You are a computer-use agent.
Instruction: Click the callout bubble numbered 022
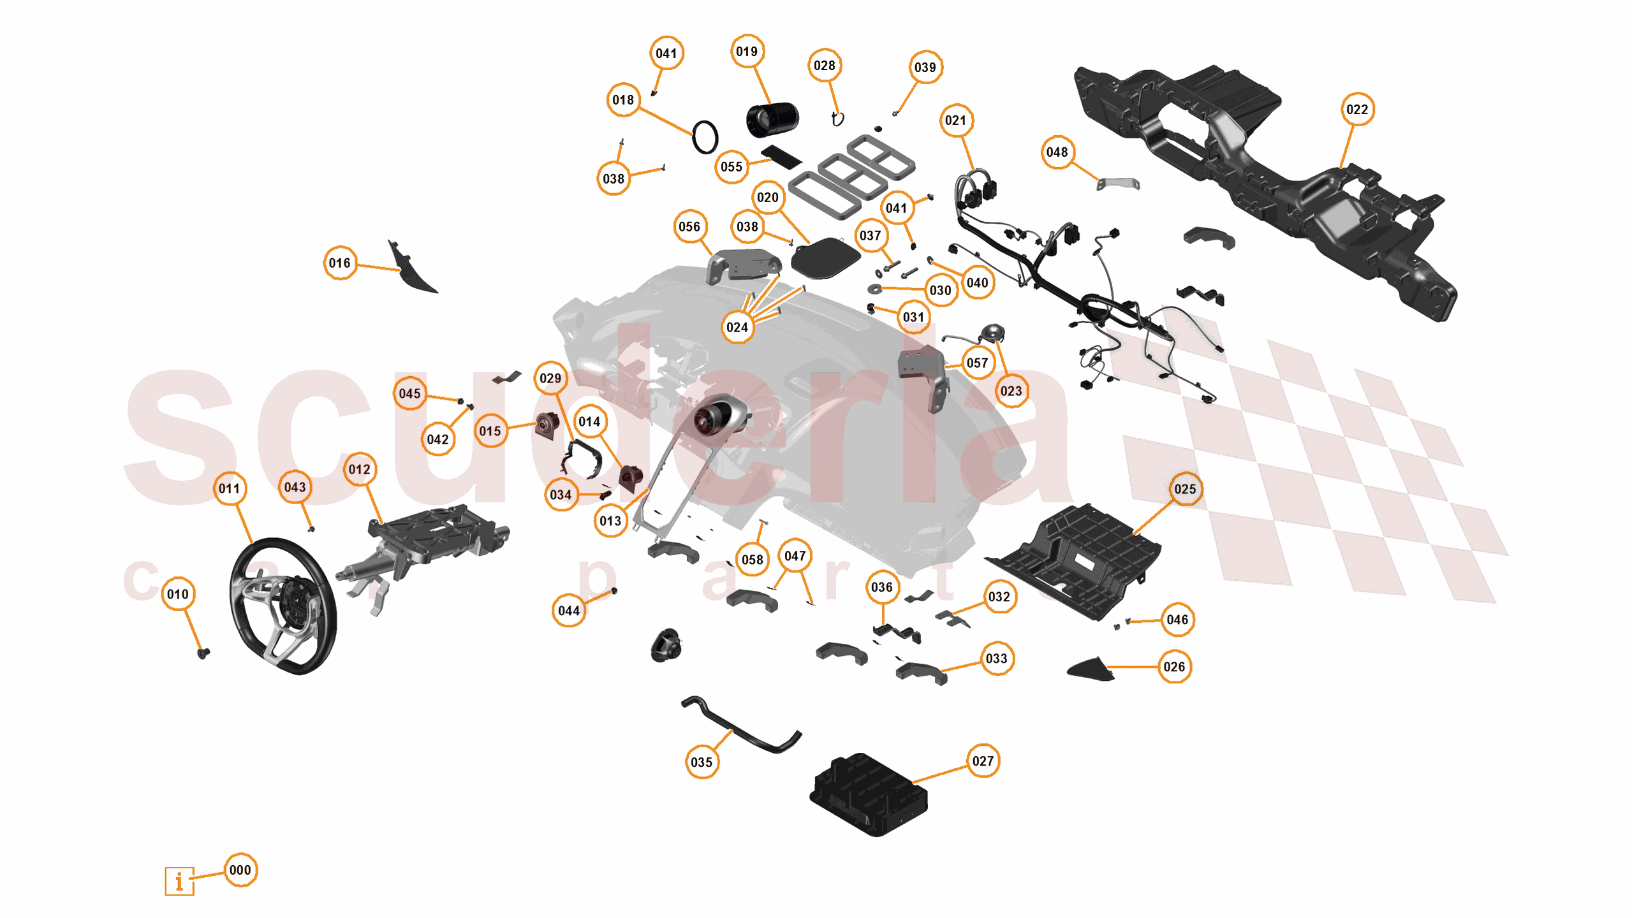tap(1356, 110)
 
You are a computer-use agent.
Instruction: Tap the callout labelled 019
tap(746, 52)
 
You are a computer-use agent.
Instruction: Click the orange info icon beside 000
tap(179, 881)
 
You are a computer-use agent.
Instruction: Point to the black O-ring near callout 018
tap(705, 137)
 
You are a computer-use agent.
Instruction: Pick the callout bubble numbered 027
tap(982, 761)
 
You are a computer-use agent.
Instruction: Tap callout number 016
tap(339, 263)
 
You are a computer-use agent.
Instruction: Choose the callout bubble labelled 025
tap(1184, 489)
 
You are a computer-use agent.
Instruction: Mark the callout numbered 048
tap(1057, 152)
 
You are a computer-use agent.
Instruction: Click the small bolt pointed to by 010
tap(203, 653)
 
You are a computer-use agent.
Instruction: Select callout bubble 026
tap(1173, 667)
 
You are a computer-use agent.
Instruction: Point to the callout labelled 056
tap(689, 227)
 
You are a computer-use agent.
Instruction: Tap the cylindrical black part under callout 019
tap(772, 119)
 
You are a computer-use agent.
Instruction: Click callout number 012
tap(359, 470)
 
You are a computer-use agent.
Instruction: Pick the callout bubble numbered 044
tap(568, 611)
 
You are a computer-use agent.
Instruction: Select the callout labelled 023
tap(1010, 391)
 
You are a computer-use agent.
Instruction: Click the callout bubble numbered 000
tap(240, 870)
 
